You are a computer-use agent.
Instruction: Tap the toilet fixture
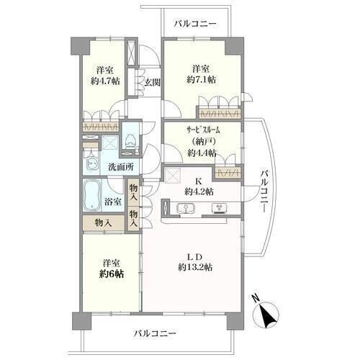pos(130,142)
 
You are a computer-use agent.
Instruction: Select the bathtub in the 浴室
pos(91,195)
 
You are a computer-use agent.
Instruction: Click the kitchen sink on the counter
pos(186,208)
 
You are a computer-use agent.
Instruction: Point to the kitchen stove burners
pos(219,208)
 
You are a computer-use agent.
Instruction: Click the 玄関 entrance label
pos(152,82)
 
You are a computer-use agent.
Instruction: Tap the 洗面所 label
pos(121,166)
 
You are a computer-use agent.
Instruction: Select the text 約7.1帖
pos(201,79)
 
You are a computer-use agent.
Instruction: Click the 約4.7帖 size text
pos(105,81)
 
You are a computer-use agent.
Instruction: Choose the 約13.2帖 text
pos(195,267)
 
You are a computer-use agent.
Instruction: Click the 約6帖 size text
pos(112,274)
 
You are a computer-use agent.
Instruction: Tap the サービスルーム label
pos(203,130)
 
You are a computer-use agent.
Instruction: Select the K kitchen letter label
pos(199,181)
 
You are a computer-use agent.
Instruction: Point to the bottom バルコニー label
pos(155,333)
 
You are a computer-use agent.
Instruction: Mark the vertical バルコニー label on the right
pos(265,192)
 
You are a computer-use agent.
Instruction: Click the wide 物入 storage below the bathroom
pos(104,223)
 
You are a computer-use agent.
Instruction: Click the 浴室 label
pos(112,202)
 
